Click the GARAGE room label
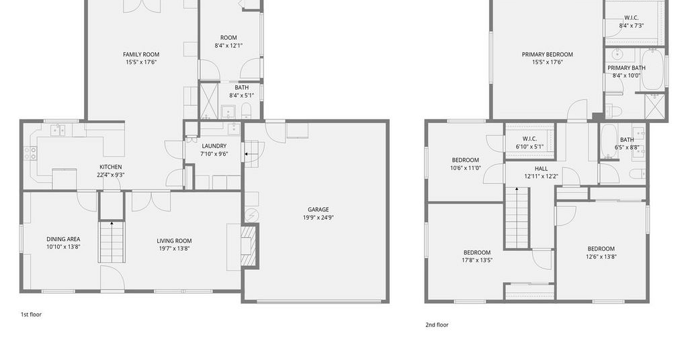[318, 210]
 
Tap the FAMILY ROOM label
[141, 54]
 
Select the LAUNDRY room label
[214, 146]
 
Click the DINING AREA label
[63, 239]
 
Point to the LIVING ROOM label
[174, 240]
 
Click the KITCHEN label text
[111, 167]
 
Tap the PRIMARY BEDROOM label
[547, 54]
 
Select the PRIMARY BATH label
[626, 68]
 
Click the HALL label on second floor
[541, 169]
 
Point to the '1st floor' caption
[31, 314]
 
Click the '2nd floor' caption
[437, 325]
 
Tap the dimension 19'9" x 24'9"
[318, 218]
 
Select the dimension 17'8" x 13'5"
[477, 260]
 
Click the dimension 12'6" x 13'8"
[601, 257]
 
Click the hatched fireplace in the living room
[249, 246]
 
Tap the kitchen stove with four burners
[30, 153]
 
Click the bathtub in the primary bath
[652, 70]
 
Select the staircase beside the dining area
[112, 242]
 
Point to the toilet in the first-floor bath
[246, 111]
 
